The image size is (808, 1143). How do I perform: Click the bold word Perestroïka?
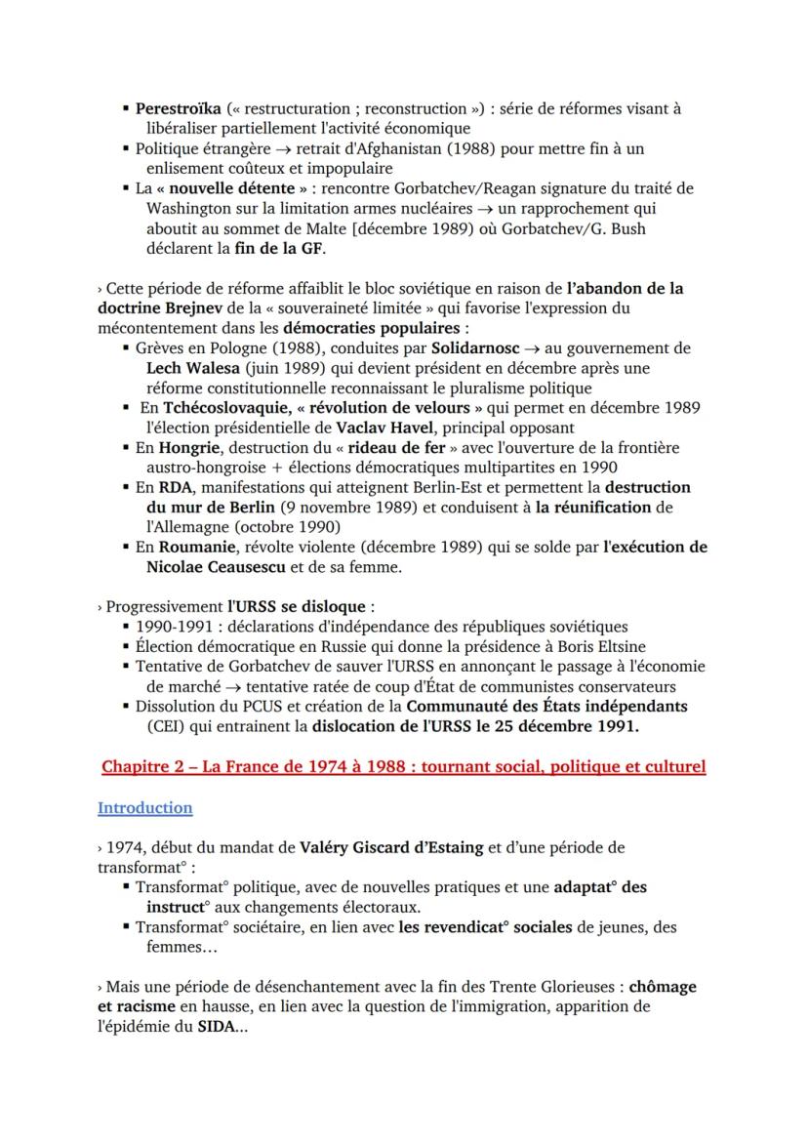pyautogui.click(x=178, y=108)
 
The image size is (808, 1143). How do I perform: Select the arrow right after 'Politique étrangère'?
pyautogui.click(x=278, y=149)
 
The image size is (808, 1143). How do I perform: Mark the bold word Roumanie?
pyautogui.click(x=198, y=548)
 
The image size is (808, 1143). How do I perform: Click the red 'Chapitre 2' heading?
pyautogui.click(x=403, y=767)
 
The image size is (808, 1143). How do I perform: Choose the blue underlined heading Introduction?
pyautogui.click(x=144, y=807)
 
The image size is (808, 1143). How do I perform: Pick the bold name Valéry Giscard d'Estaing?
pyautogui.click(x=391, y=847)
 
